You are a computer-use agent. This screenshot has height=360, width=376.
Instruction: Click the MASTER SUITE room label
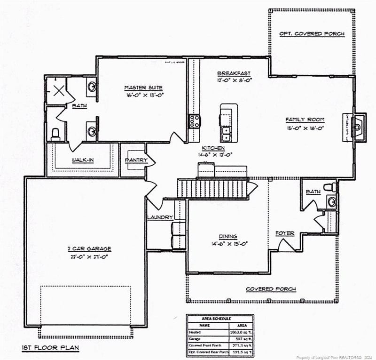tap(143, 88)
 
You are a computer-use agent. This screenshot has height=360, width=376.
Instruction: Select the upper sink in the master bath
tap(92, 86)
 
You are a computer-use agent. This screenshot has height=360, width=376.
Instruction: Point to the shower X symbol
tap(58, 90)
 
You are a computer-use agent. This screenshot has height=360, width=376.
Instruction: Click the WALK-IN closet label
tap(83, 160)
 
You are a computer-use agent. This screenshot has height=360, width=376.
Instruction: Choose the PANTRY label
tap(136, 160)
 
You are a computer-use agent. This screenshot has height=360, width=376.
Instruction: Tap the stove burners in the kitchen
tap(194, 121)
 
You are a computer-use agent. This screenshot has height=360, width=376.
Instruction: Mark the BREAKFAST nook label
tap(234, 73)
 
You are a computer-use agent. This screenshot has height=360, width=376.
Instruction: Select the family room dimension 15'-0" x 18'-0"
tap(305, 128)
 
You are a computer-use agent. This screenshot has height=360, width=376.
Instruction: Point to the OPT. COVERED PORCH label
tap(312, 34)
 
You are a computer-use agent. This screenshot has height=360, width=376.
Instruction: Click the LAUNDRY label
tap(160, 217)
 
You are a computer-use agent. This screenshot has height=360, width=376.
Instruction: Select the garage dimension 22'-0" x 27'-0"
tap(89, 256)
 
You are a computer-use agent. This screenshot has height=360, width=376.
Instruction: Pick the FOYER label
tap(285, 233)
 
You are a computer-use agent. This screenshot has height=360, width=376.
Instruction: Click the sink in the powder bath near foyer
tap(332, 202)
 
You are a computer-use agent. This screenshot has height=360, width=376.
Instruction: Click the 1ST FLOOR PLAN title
tap(50, 348)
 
